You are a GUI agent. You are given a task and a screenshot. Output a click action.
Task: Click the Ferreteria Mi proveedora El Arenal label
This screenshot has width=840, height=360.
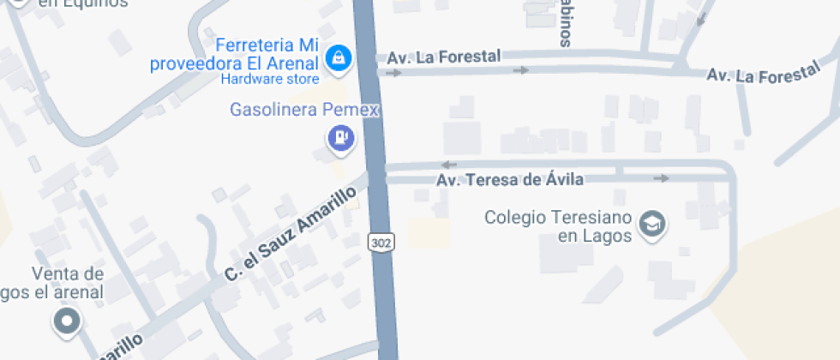coord(235,54)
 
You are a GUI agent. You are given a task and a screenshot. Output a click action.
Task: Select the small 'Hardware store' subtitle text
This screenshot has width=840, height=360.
coord(270,80)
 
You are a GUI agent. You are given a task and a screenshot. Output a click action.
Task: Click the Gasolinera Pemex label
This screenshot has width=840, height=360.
coord(304,111)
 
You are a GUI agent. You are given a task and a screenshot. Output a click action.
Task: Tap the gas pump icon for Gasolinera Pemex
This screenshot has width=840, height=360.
coord(341,137)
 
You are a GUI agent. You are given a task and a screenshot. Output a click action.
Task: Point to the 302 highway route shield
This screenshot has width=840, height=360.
coord(381,243)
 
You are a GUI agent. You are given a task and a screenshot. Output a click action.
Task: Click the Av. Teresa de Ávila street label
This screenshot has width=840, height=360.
coord(510,180)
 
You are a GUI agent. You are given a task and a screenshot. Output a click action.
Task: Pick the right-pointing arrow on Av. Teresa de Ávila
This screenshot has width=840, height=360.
coord(661,178)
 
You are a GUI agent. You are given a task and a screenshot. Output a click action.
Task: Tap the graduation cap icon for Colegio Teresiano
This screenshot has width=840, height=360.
coord(653,225)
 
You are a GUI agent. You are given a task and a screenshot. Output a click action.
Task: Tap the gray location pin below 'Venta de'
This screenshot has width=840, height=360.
coord(66,322)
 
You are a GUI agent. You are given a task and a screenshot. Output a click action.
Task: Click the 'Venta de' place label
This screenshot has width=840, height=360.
coord(68,275)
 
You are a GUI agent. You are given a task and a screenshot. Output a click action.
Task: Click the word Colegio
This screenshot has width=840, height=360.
coord(516,217)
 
